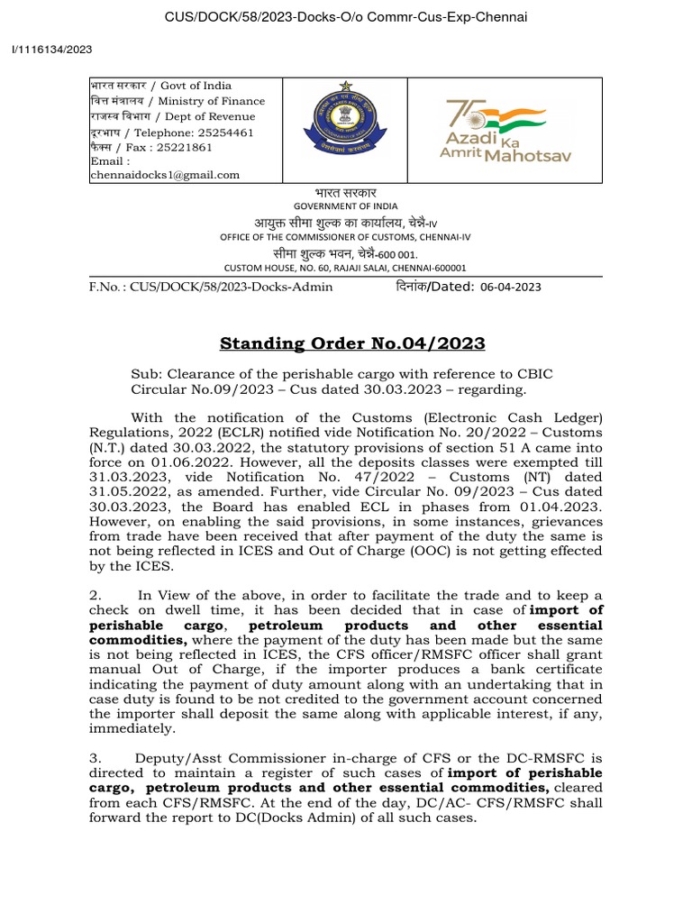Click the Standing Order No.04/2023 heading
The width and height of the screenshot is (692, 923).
(x=352, y=343)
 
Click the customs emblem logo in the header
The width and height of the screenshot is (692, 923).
(x=345, y=128)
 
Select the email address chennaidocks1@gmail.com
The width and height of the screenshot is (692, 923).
(x=165, y=175)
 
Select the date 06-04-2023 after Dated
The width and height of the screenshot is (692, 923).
(x=509, y=287)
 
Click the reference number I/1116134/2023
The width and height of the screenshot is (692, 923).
(x=56, y=50)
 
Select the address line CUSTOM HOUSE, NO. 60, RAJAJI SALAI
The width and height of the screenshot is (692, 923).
(x=345, y=268)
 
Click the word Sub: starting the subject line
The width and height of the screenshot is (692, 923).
(x=146, y=374)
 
